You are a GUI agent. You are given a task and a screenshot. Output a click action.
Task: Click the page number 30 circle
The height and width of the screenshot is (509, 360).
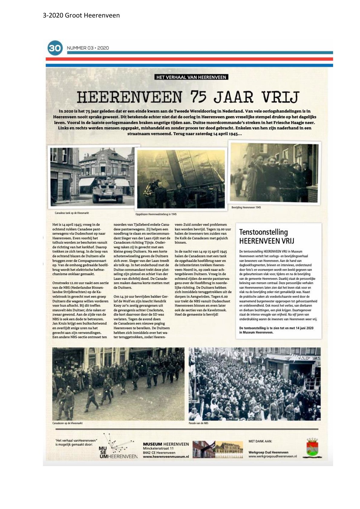(55, 48)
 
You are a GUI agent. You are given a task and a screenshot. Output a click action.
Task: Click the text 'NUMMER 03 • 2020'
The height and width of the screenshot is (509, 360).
(88, 48)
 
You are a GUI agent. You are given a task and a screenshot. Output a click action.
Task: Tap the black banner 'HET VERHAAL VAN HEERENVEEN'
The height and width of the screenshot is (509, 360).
(191, 77)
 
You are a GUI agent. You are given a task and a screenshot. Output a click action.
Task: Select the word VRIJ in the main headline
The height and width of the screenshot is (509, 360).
(280, 97)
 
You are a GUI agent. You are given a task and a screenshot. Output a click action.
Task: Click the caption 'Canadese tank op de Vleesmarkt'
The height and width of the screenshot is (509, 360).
(72, 213)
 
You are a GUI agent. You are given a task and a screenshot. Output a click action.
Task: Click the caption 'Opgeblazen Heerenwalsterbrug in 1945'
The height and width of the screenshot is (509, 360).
(156, 214)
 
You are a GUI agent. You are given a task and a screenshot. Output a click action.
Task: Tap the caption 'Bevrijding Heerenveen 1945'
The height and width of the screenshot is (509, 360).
(246, 207)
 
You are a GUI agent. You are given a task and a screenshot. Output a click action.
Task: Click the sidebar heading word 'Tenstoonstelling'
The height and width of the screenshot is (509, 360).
(263, 232)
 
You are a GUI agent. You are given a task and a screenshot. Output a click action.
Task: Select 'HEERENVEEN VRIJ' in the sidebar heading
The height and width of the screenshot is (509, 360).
(267, 241)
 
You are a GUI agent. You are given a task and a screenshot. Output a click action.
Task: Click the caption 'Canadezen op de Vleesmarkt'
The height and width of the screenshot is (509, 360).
(67, 423)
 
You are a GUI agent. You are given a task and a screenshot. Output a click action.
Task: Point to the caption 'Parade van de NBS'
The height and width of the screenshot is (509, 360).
(198, 423)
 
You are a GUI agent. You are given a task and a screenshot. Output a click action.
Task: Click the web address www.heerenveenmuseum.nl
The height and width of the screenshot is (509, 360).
(166, 457)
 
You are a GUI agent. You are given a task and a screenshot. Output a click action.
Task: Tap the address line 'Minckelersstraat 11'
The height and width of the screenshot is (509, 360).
(158, 449)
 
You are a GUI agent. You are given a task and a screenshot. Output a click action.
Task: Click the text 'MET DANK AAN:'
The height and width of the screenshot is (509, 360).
(260, 441)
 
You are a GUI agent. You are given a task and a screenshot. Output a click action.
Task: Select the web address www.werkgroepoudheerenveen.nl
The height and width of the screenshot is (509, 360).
(273, 456)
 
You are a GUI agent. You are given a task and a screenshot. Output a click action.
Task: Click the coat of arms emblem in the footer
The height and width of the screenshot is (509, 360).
(312, 448)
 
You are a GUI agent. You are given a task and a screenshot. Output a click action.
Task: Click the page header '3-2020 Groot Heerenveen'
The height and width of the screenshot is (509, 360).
(81, 15)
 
